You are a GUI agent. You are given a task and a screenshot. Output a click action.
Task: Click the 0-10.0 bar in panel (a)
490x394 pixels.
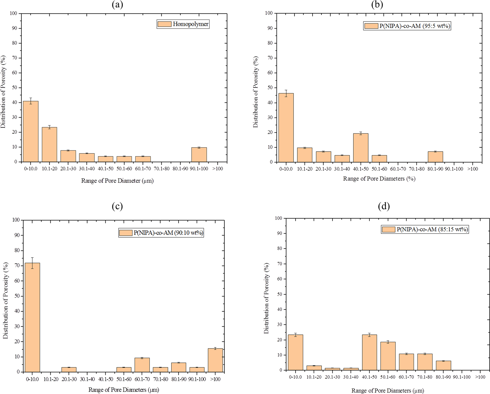tap(31, 132)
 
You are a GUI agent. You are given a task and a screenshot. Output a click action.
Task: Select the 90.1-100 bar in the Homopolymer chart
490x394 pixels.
tap(199, 155)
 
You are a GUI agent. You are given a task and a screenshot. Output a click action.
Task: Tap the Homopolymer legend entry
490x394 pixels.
tap(183, 24)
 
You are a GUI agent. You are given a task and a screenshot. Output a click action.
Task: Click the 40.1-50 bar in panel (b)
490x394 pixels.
tap(361, 148)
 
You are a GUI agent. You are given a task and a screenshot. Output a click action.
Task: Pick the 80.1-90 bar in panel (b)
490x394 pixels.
tap(435, 157)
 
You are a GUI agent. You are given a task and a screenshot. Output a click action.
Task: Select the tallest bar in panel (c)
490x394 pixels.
tap(32, 317)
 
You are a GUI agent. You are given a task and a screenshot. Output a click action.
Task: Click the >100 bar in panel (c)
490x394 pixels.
tap(215, 360)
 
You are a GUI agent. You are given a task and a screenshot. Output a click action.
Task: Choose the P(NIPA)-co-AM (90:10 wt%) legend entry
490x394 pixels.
tap(161, 233)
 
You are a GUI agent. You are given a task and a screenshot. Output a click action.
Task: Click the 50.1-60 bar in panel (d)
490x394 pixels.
tap(388, 356)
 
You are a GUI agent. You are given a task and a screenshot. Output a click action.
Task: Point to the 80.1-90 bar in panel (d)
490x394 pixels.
tap(443, 366)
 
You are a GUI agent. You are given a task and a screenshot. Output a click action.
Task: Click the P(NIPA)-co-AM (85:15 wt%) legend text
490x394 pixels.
tap(425, 229)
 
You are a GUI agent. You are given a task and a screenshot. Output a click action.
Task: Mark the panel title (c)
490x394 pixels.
tap(117, 206)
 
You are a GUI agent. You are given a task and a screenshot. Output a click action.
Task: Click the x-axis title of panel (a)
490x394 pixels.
tap(117, 181)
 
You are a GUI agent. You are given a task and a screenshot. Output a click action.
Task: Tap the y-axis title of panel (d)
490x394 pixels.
tap(267, 298)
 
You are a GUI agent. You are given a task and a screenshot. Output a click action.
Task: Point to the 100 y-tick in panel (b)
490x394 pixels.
tap(269, 13)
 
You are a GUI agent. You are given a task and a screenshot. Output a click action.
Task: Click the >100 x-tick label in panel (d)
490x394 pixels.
tap(480, 377)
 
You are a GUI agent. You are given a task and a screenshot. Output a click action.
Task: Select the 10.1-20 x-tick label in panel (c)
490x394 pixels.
tap(51, 379)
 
